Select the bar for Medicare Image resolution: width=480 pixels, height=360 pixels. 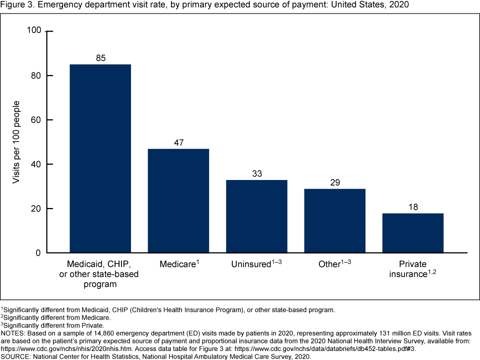click(178, 200)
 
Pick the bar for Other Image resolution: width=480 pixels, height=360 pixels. click(334, 220)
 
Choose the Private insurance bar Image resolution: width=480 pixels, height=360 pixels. click(412, 233)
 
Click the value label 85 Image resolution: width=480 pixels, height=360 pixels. click(100, 58)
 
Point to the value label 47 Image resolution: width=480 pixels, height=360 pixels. click(178, 143)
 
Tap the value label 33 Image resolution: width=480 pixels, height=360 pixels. click(256, 174)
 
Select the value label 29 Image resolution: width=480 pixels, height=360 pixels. click(334, 183)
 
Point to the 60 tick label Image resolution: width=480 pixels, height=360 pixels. click(35, 120)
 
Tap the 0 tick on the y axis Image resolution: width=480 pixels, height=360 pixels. click(38, 253)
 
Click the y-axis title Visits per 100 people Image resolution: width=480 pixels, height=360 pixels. click(16, 142)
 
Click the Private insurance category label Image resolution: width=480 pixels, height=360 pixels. click(412, 269)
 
